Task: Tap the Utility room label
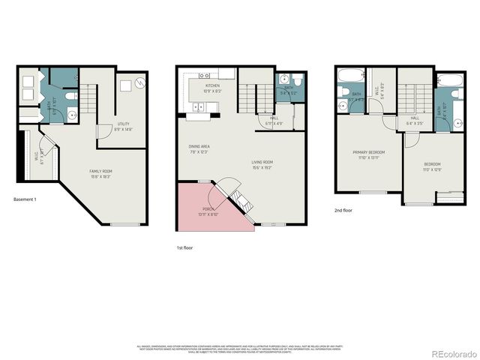pyautogui.click(x=124, y=127)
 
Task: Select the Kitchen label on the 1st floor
pyautogui.click(x=212, y=88)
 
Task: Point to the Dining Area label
pyautogui.click(x=199, y=148)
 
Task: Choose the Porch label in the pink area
pyautogui.click(x=209, y=211)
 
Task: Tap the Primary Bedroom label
pyautogui.click(x=368, y=154)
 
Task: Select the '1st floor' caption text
pyautogui.click(x=184, y=247)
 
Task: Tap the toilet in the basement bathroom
pyautogui.click(x=70, y=96)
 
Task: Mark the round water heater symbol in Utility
pyautogui.click(x=138, y=82)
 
